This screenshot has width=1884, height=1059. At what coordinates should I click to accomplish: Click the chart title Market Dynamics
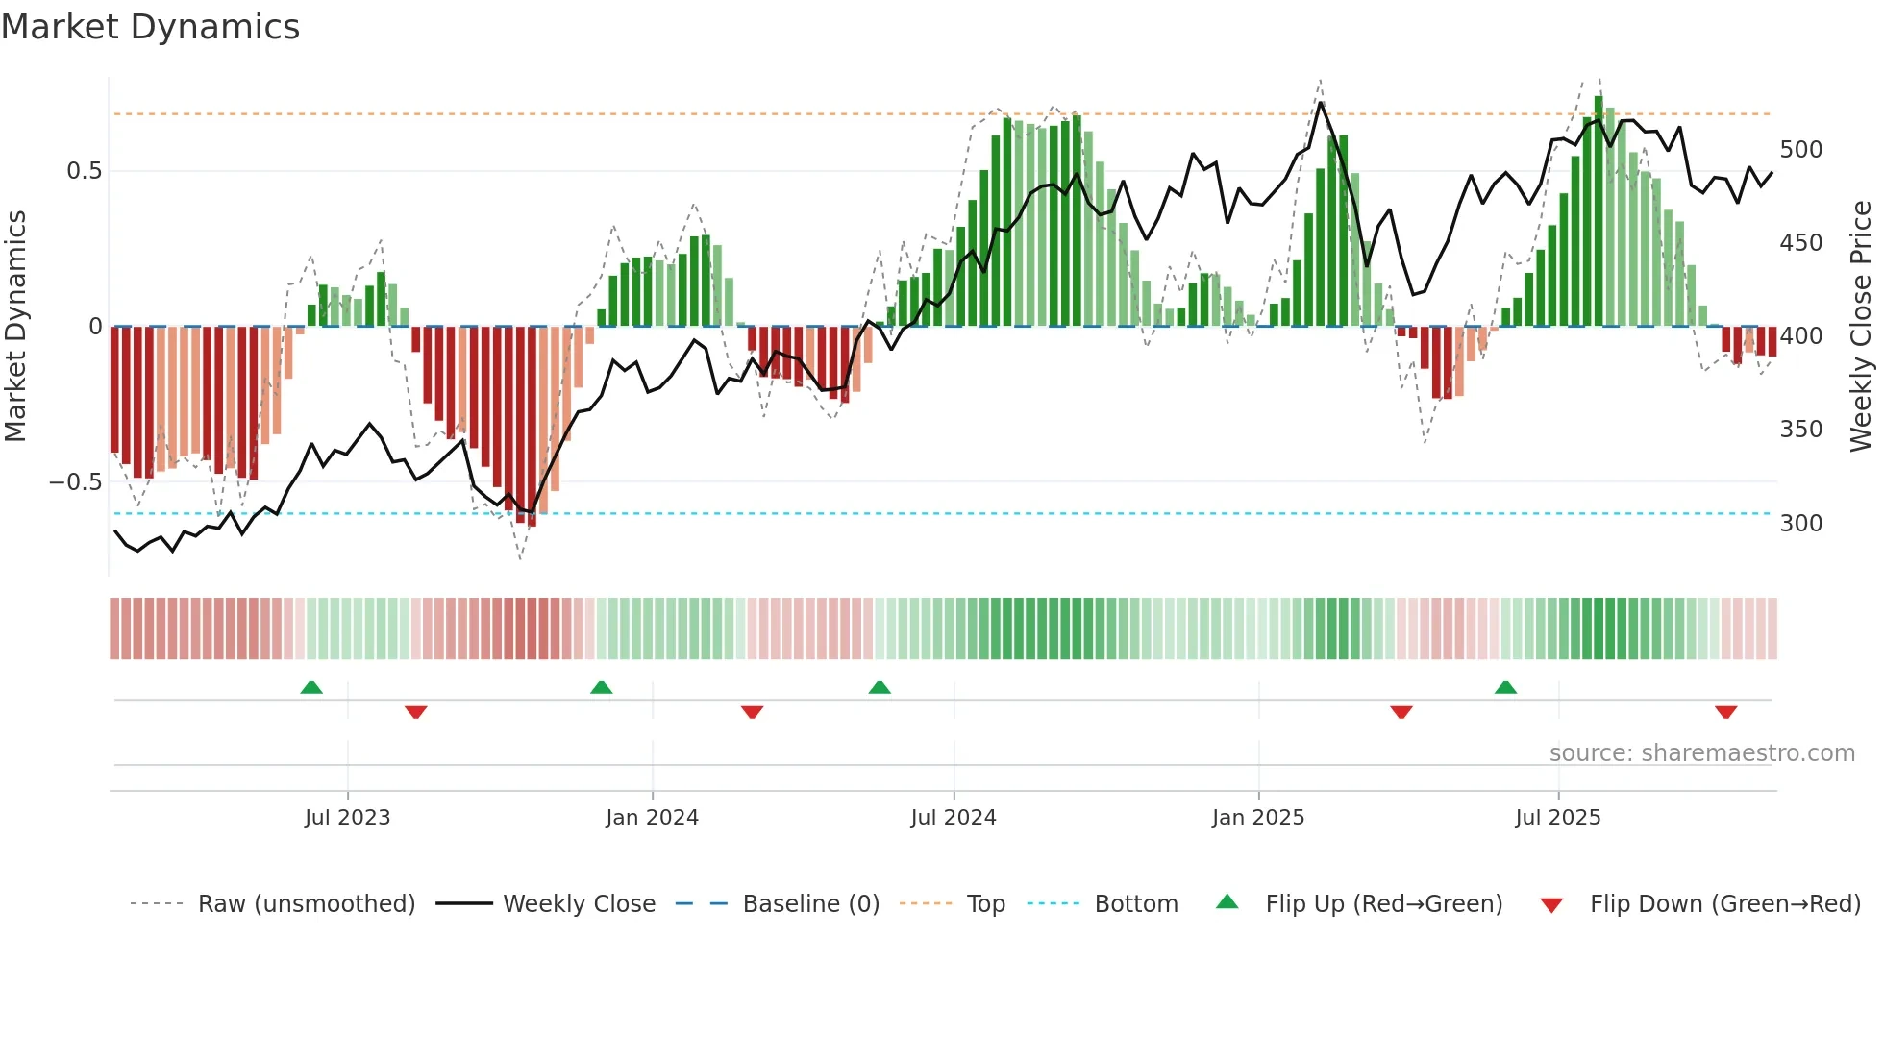pyautogui.click(x=150, y=27)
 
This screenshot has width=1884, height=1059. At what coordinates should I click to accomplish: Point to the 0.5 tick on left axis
pyautogui.click(x=84, y=171)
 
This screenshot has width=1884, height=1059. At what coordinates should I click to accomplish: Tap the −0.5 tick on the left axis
pyautogui.click(x=76, y=481)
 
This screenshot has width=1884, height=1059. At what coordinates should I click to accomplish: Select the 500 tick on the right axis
pyautogui.click(x=1800, y=150)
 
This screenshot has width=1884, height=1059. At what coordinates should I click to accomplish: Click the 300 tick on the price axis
pyautogui.click(x=1800, y=524)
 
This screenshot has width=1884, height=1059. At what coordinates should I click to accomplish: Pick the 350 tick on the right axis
pyautogui.click(x=1800, y=430)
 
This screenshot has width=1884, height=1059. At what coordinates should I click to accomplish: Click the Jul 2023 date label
pyautogui.click(x=347, y=818)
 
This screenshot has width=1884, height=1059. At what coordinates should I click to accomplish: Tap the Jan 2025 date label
pyautogui.click(x=1257, y=818)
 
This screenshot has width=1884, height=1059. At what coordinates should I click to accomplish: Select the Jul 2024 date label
pyautogui.click(x=953, y=818)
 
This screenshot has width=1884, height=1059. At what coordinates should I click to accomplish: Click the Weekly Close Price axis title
pyautogui.click(x=1861, y=327)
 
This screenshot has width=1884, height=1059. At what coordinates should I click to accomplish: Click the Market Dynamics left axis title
pyautogui.click(x=15, y=327)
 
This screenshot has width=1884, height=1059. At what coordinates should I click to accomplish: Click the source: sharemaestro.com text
pyautogui.click(x=1701, y=753)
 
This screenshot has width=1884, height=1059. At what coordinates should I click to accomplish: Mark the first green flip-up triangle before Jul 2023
pyautogui.click(x=311, y=688)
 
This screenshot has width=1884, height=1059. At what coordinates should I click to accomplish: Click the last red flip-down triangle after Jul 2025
pyautogui.click(x=1725, y=712)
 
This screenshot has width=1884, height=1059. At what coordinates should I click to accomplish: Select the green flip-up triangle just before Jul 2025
pyautogui.click(x=1505, y=688)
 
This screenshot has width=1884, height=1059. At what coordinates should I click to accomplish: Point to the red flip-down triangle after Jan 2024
pyautogui.click(x=752, y=712)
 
